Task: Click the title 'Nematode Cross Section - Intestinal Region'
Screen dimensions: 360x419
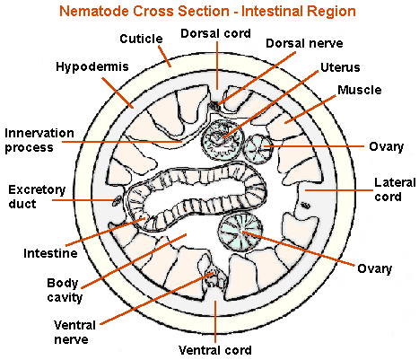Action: tap(207, 13)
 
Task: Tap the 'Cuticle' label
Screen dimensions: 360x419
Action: tap(142, 40)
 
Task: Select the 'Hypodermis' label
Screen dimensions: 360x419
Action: tap(90, 67)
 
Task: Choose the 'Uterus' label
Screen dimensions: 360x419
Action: tap(341, 67)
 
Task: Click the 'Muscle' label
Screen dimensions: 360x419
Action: tap(359, 90)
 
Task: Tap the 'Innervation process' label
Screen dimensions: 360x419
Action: tap(39, 140)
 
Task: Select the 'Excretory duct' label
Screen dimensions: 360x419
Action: tap(37, 197)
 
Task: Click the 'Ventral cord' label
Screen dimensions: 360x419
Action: tap(215, 349)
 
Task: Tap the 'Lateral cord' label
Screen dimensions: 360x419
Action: tap(393, 189)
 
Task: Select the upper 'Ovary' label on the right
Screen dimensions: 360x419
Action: tap(386, 145)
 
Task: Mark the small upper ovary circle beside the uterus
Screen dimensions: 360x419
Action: tap(260, 147)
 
